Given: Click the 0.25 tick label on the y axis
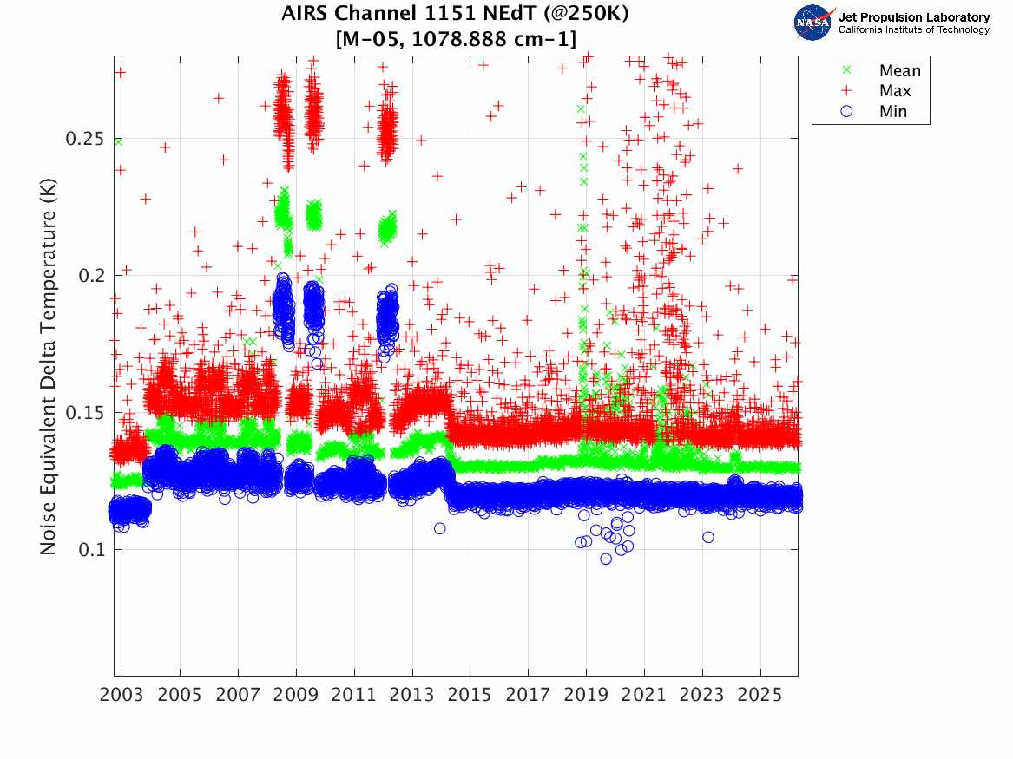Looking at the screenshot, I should pyautogui.click(x=85, y=139).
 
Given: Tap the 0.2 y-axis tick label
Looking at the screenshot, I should pyautogui.click(x=91, y=276).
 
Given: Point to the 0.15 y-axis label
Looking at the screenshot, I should pyautogui.click(x=85, y=412).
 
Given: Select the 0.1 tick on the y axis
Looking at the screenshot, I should pyautogui.click(x=91, y=549).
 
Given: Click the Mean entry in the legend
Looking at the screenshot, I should pyautogui.click(x=899, y=71).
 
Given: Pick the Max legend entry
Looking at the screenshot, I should pyautogui.click(x=894, y=91).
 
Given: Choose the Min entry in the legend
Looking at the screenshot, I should pyautogui.click(x=892, y=111).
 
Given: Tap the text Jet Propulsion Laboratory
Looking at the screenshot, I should pyautogui.click(x=914, y=17).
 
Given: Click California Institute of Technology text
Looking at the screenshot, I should pyautogui.click(x=914, y=30).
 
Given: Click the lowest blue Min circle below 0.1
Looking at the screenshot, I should pyautogui.click(x=606, y=559).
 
